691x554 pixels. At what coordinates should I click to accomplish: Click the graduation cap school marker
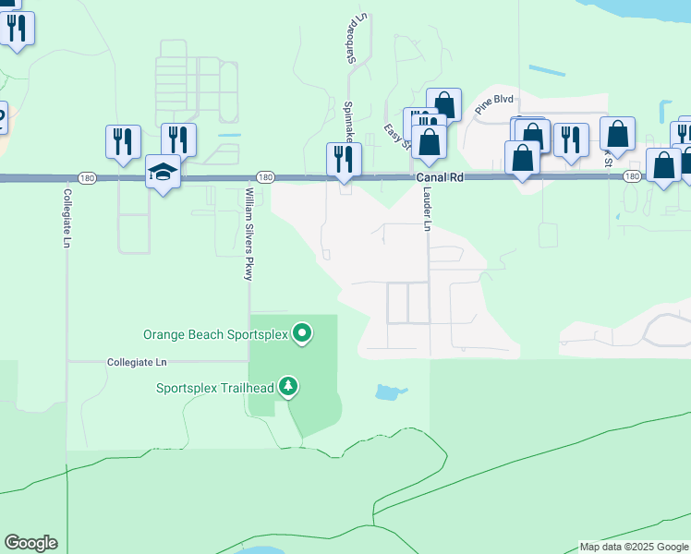coord(163,173)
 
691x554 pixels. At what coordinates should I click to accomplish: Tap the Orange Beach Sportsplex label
coord(215,333)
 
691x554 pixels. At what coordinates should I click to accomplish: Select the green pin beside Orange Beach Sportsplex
coord(302,332)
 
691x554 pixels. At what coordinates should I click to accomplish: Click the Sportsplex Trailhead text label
coord(214,388)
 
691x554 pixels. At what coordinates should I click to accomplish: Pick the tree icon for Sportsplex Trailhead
coord(289,385)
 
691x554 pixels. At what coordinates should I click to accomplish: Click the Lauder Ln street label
coord(427,210)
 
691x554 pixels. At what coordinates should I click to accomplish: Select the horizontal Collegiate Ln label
coord(137,363)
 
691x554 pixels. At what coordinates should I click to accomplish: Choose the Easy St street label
coord(395,137)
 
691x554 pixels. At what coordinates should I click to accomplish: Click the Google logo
coord(30,543)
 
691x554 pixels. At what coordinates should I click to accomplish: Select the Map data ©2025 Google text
coord(634,547)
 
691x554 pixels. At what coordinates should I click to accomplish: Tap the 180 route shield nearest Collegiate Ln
coord(87,176)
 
